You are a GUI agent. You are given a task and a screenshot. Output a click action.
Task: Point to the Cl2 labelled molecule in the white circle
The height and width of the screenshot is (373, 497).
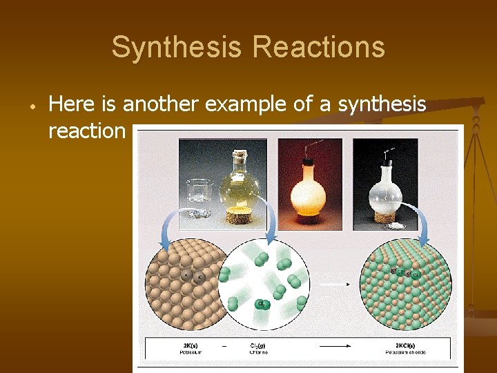tap(262, 305)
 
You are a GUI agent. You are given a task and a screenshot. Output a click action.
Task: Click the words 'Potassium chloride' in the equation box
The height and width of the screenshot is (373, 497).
tap(406, 352)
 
